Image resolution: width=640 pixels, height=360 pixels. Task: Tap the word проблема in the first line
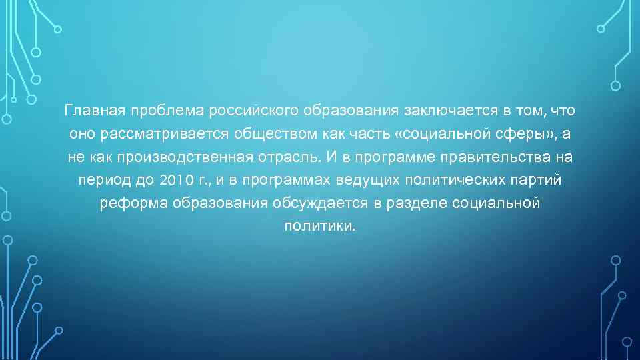169,110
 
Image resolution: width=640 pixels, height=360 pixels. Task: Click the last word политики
320,227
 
